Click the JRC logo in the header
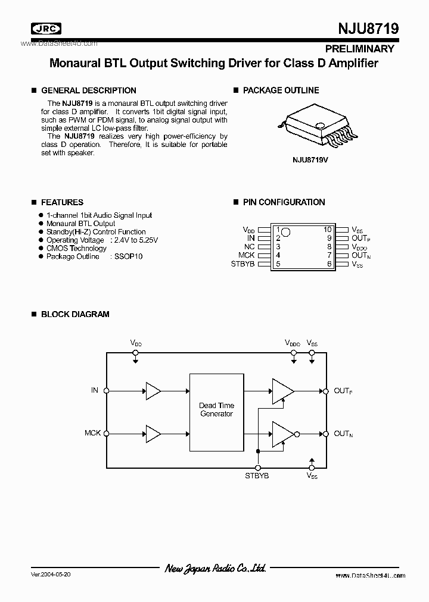[48, 27]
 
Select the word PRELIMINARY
[359, 49]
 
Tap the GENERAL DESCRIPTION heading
[88, 90]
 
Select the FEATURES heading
[62, 202]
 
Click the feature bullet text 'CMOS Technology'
[76, 248]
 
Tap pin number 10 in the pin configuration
[327, 230]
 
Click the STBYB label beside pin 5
[242, 264]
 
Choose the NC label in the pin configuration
[249, 246]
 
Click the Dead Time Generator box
[216, 412]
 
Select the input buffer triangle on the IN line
[153, 391]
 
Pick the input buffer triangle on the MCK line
[153, 434]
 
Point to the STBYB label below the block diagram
[257, 476]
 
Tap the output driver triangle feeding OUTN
[281, 434]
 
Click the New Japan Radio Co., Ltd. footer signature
[215, 569]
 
